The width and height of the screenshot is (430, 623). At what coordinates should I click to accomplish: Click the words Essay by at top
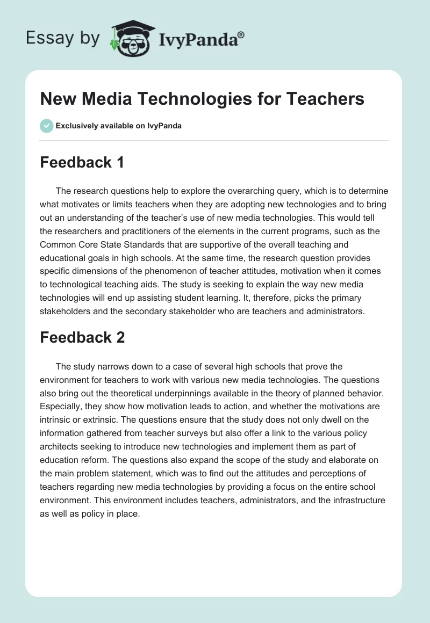pos(63,38)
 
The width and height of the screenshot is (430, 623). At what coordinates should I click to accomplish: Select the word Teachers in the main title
pos(325,99)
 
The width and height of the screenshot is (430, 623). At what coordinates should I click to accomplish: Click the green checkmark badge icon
pos(46,126)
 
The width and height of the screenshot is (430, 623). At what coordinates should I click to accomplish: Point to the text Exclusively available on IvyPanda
pos(118,126)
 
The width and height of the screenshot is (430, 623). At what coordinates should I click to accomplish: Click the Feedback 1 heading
pos(82,162)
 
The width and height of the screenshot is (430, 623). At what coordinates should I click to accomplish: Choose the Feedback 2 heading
pos(82,337)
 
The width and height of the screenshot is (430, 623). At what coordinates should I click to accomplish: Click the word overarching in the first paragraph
pos(252,191)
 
